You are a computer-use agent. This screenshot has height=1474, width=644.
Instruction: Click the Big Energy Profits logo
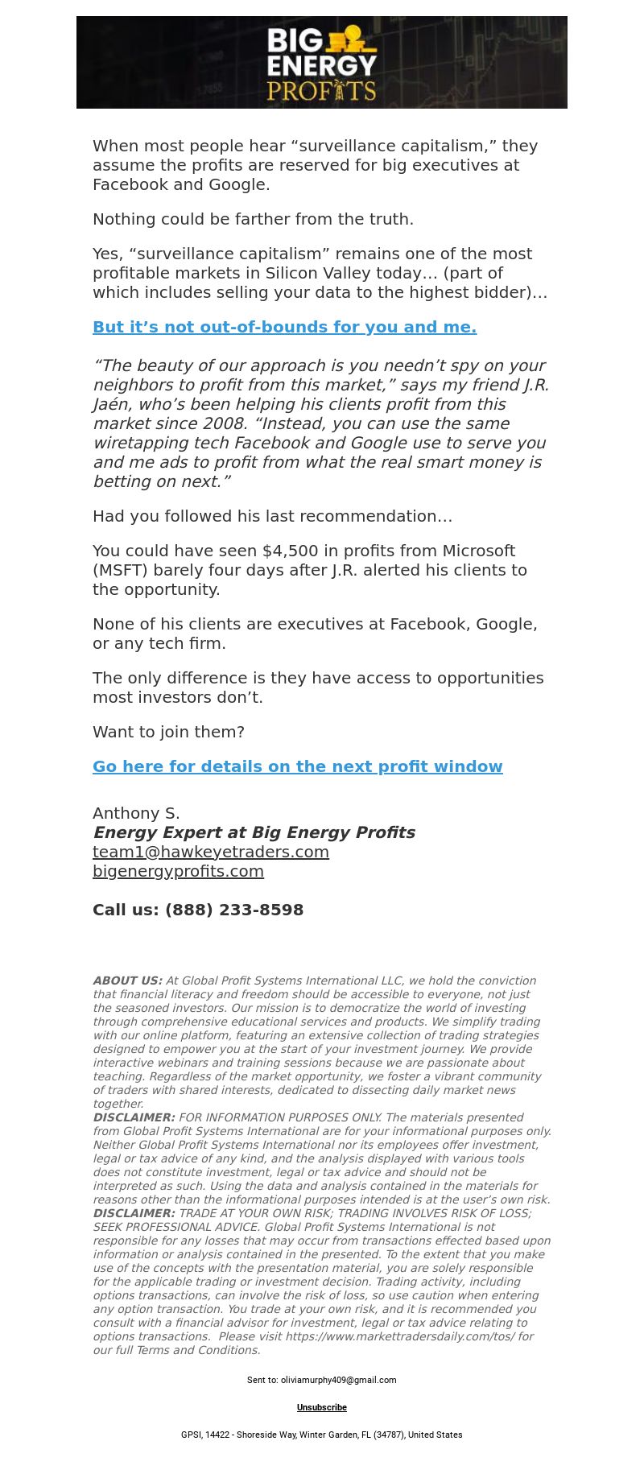coord(322,63)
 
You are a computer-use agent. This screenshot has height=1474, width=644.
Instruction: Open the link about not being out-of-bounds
coord(284,327)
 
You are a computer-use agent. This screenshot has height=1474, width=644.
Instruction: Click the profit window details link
coord(297,766)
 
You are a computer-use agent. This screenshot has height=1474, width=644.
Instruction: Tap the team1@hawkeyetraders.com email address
coord(210,852)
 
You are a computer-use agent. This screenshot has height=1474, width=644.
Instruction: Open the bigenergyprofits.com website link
coord(178,871)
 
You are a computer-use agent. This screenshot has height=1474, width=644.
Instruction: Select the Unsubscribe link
coord(322,1407)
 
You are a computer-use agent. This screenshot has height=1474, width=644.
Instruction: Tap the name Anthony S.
coord(136,813)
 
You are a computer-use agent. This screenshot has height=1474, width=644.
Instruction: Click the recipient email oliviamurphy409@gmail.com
coord(338,1380)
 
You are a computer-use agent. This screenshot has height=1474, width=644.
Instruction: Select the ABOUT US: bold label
coord(127,981)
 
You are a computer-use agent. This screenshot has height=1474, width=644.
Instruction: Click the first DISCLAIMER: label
coord(134,1117)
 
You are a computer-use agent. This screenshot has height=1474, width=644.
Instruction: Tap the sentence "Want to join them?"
coord(168,732)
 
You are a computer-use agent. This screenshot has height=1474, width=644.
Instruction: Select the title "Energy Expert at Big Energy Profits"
coord(254,832)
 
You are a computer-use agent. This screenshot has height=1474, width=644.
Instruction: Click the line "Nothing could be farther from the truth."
coord(253,219)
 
